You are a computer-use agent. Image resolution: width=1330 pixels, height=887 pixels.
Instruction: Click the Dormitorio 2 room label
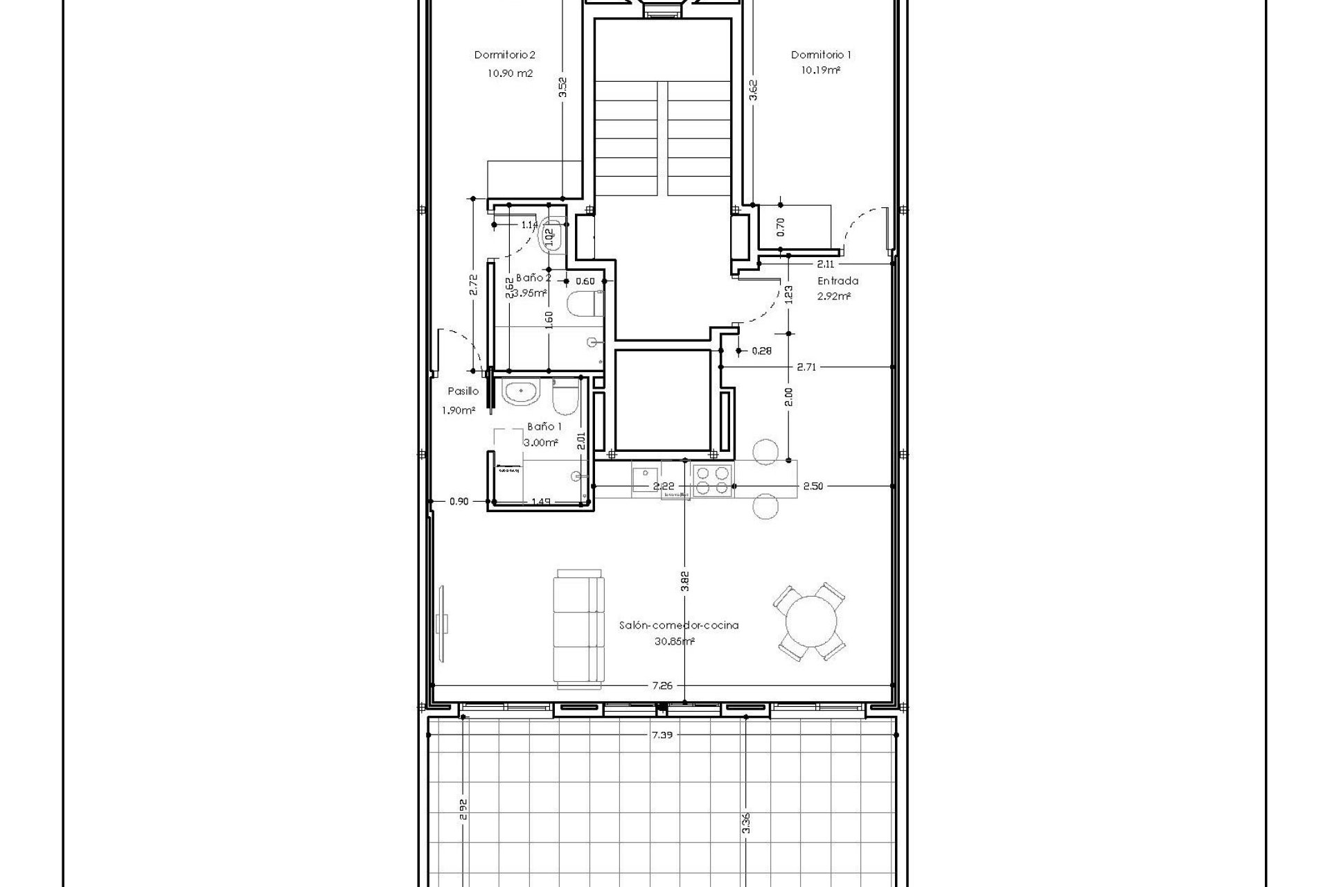click(504, 55)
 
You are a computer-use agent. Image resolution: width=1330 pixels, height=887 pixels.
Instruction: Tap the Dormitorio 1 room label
click(821, 55)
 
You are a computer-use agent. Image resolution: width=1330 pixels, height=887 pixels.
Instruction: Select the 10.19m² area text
click(821, 70)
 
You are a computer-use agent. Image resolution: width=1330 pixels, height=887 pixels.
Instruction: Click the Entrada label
click(837, 281)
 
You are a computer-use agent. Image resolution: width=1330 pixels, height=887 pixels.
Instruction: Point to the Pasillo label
click(463, 391)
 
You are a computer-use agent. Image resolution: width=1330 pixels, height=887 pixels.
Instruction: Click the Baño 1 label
click(544, 427)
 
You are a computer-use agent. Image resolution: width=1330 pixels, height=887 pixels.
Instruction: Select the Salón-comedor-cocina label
click(678, 625)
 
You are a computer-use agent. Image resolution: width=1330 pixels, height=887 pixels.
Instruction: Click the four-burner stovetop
click(712, 480)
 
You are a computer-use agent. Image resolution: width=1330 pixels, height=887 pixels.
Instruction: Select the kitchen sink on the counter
click(644, 479)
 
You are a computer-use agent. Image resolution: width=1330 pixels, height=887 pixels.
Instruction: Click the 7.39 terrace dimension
click(662, 754)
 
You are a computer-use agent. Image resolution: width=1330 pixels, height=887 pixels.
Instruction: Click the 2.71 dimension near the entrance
click(806, 367)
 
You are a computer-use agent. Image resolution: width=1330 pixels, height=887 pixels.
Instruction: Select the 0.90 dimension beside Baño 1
click(459, 501)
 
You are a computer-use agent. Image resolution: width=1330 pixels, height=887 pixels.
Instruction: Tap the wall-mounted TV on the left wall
click(443, 621)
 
